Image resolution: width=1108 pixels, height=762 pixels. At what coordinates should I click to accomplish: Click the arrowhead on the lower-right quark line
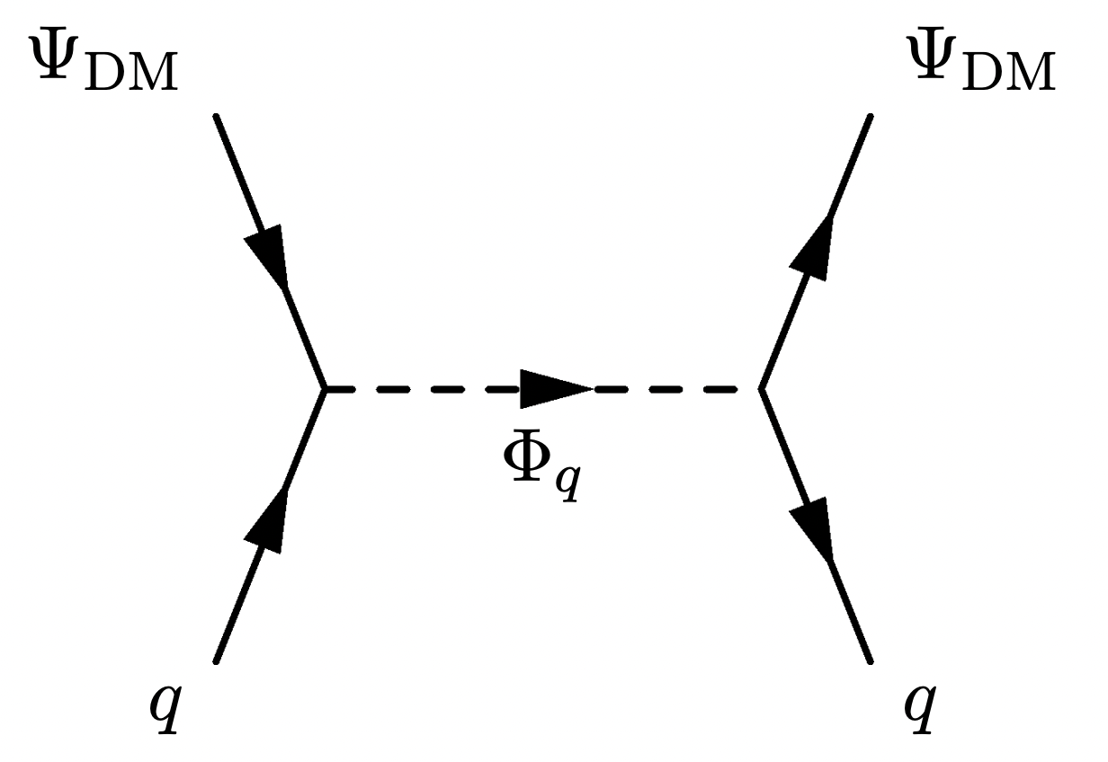tap(812, 526)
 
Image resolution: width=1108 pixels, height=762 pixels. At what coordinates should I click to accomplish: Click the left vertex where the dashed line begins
tap(326, 389)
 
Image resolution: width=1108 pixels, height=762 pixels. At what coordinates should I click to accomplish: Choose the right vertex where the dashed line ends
tap(761, 389)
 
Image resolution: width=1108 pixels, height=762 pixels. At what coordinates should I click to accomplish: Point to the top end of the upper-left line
tap(217, 117)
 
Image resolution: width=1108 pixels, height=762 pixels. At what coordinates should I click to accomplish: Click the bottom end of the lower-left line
tap(217, 660)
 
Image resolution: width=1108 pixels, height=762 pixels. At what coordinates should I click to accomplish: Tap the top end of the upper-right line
tap(870, 117)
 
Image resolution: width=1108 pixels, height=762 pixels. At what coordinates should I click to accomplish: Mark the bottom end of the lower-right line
tap(870, 660)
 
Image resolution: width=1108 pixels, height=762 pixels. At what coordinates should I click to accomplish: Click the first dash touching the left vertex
tap(342, 389)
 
